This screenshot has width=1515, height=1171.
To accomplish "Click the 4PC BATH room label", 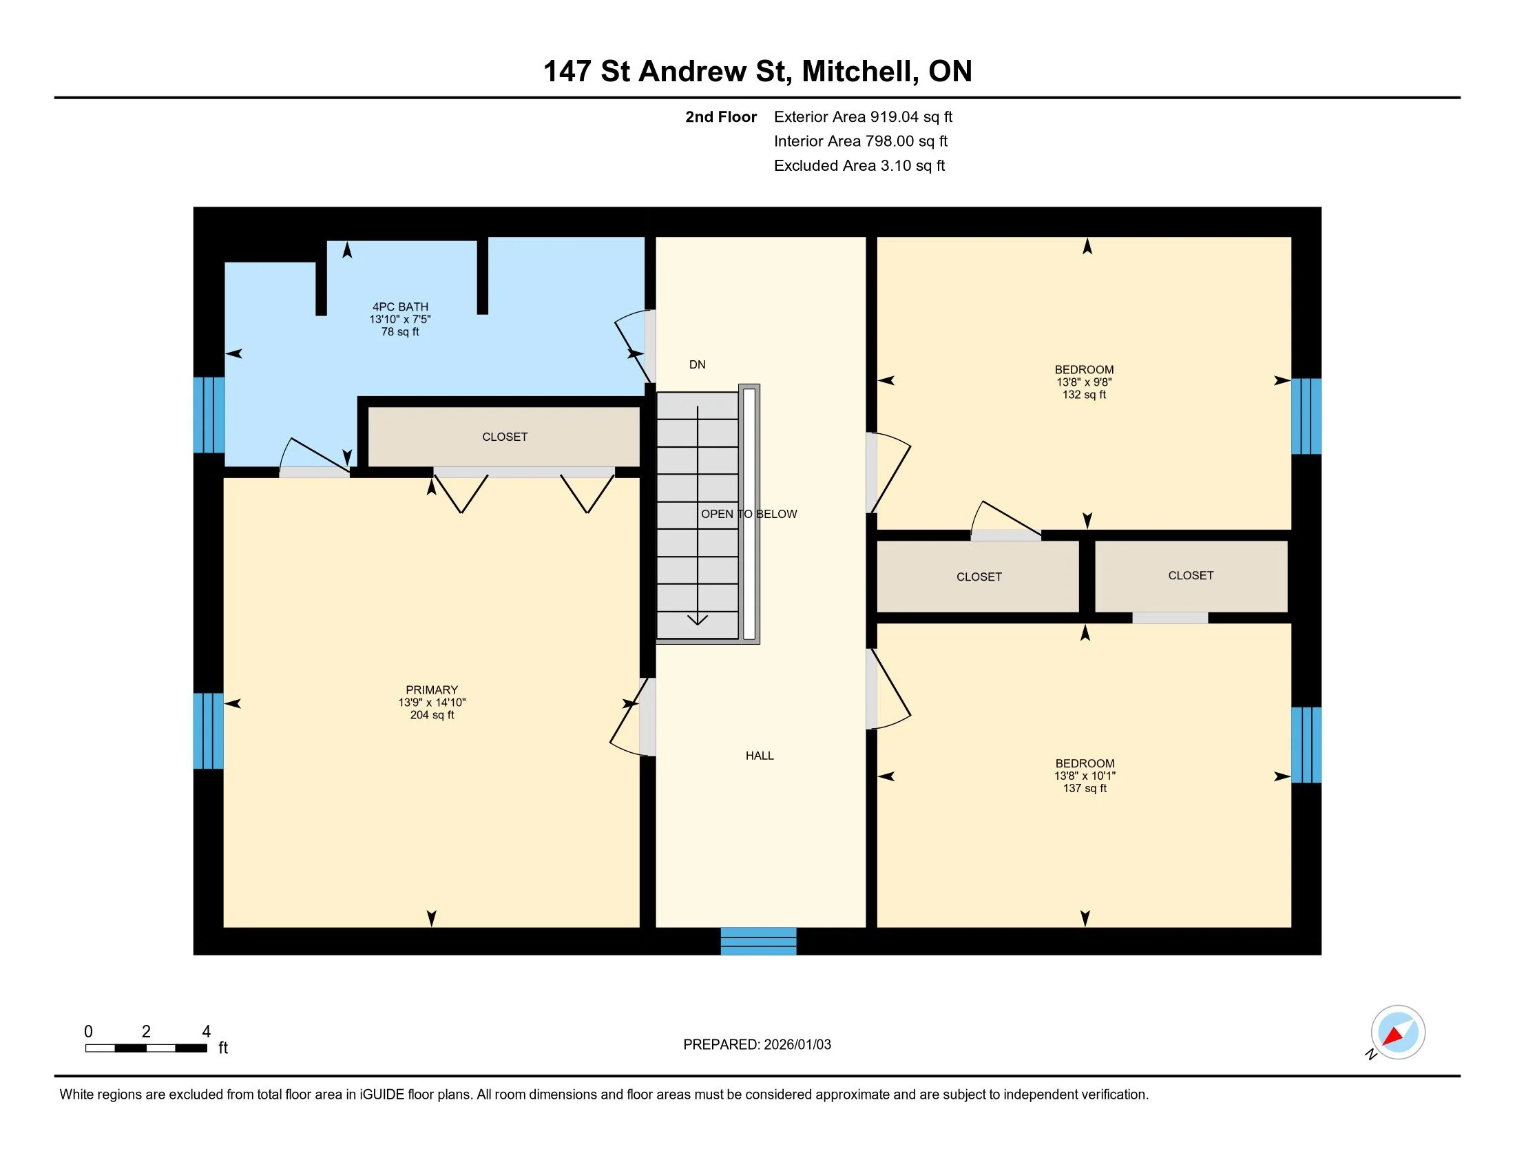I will click(400, 307).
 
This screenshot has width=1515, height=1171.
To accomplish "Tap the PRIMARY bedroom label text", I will click(432, 690).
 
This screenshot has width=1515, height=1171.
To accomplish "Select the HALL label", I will click(760, 756).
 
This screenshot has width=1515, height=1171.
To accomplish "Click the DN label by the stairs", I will click(697, 364).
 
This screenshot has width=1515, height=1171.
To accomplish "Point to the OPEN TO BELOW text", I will click(749, 514).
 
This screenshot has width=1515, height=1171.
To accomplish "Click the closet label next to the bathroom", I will click(505, 436).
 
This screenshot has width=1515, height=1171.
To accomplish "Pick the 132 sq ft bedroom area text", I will click(1083, 395).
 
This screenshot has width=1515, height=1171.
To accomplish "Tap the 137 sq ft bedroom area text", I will click(1084, 788).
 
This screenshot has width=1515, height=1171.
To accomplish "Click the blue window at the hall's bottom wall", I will click(758, 941).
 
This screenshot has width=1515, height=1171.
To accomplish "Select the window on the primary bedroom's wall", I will click(208, 730).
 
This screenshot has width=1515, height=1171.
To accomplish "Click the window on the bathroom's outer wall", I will click(208, 415).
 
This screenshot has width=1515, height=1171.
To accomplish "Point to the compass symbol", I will click(1397, 1033).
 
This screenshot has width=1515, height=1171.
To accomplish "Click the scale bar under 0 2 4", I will click(146, 1048).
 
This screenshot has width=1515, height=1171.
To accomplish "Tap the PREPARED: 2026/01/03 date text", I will click(757, 1044).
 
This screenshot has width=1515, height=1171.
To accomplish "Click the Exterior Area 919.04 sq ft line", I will click(863, 116).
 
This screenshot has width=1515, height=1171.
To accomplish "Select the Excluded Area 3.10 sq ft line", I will click(859, 165).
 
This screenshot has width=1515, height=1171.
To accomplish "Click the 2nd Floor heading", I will click(721, 116).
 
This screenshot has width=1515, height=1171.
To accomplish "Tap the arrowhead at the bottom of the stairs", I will click(698, 619).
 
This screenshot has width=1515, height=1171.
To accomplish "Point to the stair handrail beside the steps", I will click(749, 513).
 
